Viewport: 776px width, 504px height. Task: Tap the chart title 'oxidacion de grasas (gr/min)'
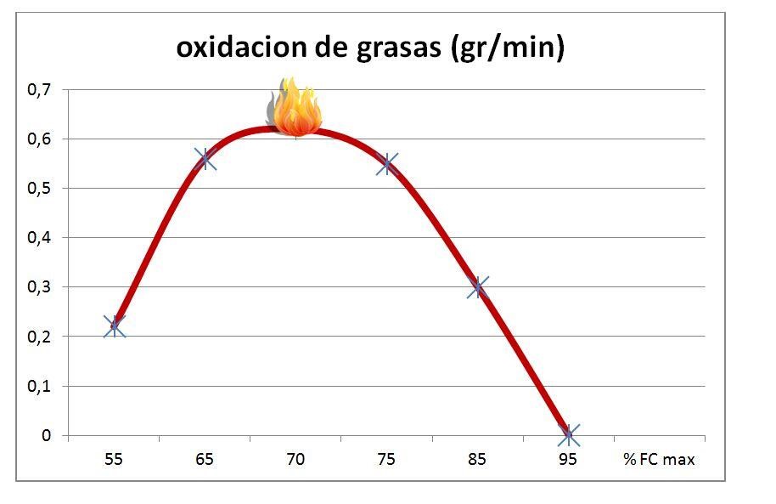click(370, 48)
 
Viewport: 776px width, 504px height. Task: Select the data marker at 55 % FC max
click(115, 326)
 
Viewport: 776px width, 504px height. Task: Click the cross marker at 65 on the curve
click(205, 158)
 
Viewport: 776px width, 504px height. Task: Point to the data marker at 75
click(387, 164)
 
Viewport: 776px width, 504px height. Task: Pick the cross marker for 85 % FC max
click(478, 287)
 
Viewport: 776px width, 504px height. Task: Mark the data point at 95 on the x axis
click(569, 435)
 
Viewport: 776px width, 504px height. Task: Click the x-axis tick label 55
click(114, 460)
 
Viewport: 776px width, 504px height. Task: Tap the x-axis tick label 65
click(205, 460)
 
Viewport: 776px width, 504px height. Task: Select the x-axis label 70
click(295, 460)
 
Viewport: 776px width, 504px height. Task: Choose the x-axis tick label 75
click(386, 460)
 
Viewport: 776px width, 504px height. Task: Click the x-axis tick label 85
click(477, 460)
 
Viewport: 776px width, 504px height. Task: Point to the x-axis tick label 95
click(568, 460)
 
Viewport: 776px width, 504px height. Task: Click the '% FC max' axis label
click(659, 460)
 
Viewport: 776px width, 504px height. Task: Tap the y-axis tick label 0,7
click(39, 89)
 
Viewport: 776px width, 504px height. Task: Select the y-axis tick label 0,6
click(39, 139)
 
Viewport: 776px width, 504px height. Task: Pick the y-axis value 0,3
click(39, 287)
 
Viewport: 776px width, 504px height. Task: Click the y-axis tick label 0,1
click(39, 386)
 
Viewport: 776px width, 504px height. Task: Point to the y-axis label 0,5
click(39, 188)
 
